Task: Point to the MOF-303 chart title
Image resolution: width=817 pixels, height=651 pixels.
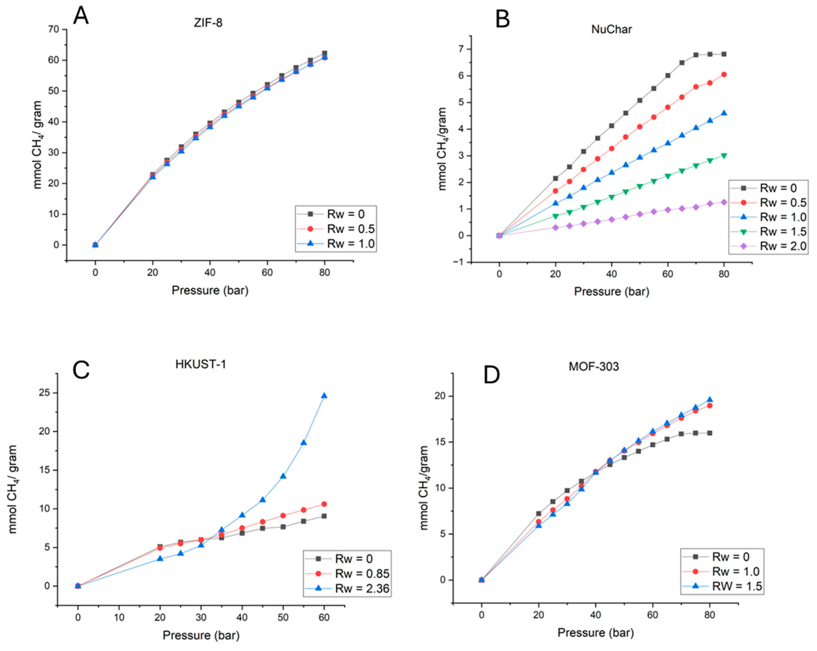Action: point(593,366)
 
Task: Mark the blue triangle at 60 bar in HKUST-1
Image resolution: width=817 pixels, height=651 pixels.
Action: point(324,396)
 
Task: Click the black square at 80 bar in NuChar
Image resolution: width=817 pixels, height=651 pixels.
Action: point(724,54)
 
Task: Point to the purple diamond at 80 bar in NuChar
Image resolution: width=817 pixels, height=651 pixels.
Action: point(724,202)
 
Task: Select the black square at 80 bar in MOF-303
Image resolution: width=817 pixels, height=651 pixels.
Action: point(709,433)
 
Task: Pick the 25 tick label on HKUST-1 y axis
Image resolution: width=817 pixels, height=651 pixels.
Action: point(44,393)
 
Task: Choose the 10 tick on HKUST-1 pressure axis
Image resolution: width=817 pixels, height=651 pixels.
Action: point(119,617)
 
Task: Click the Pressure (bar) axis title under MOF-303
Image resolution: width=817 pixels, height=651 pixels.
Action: point(595,633)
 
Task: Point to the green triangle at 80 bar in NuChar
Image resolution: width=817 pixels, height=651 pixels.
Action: point(724,155)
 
